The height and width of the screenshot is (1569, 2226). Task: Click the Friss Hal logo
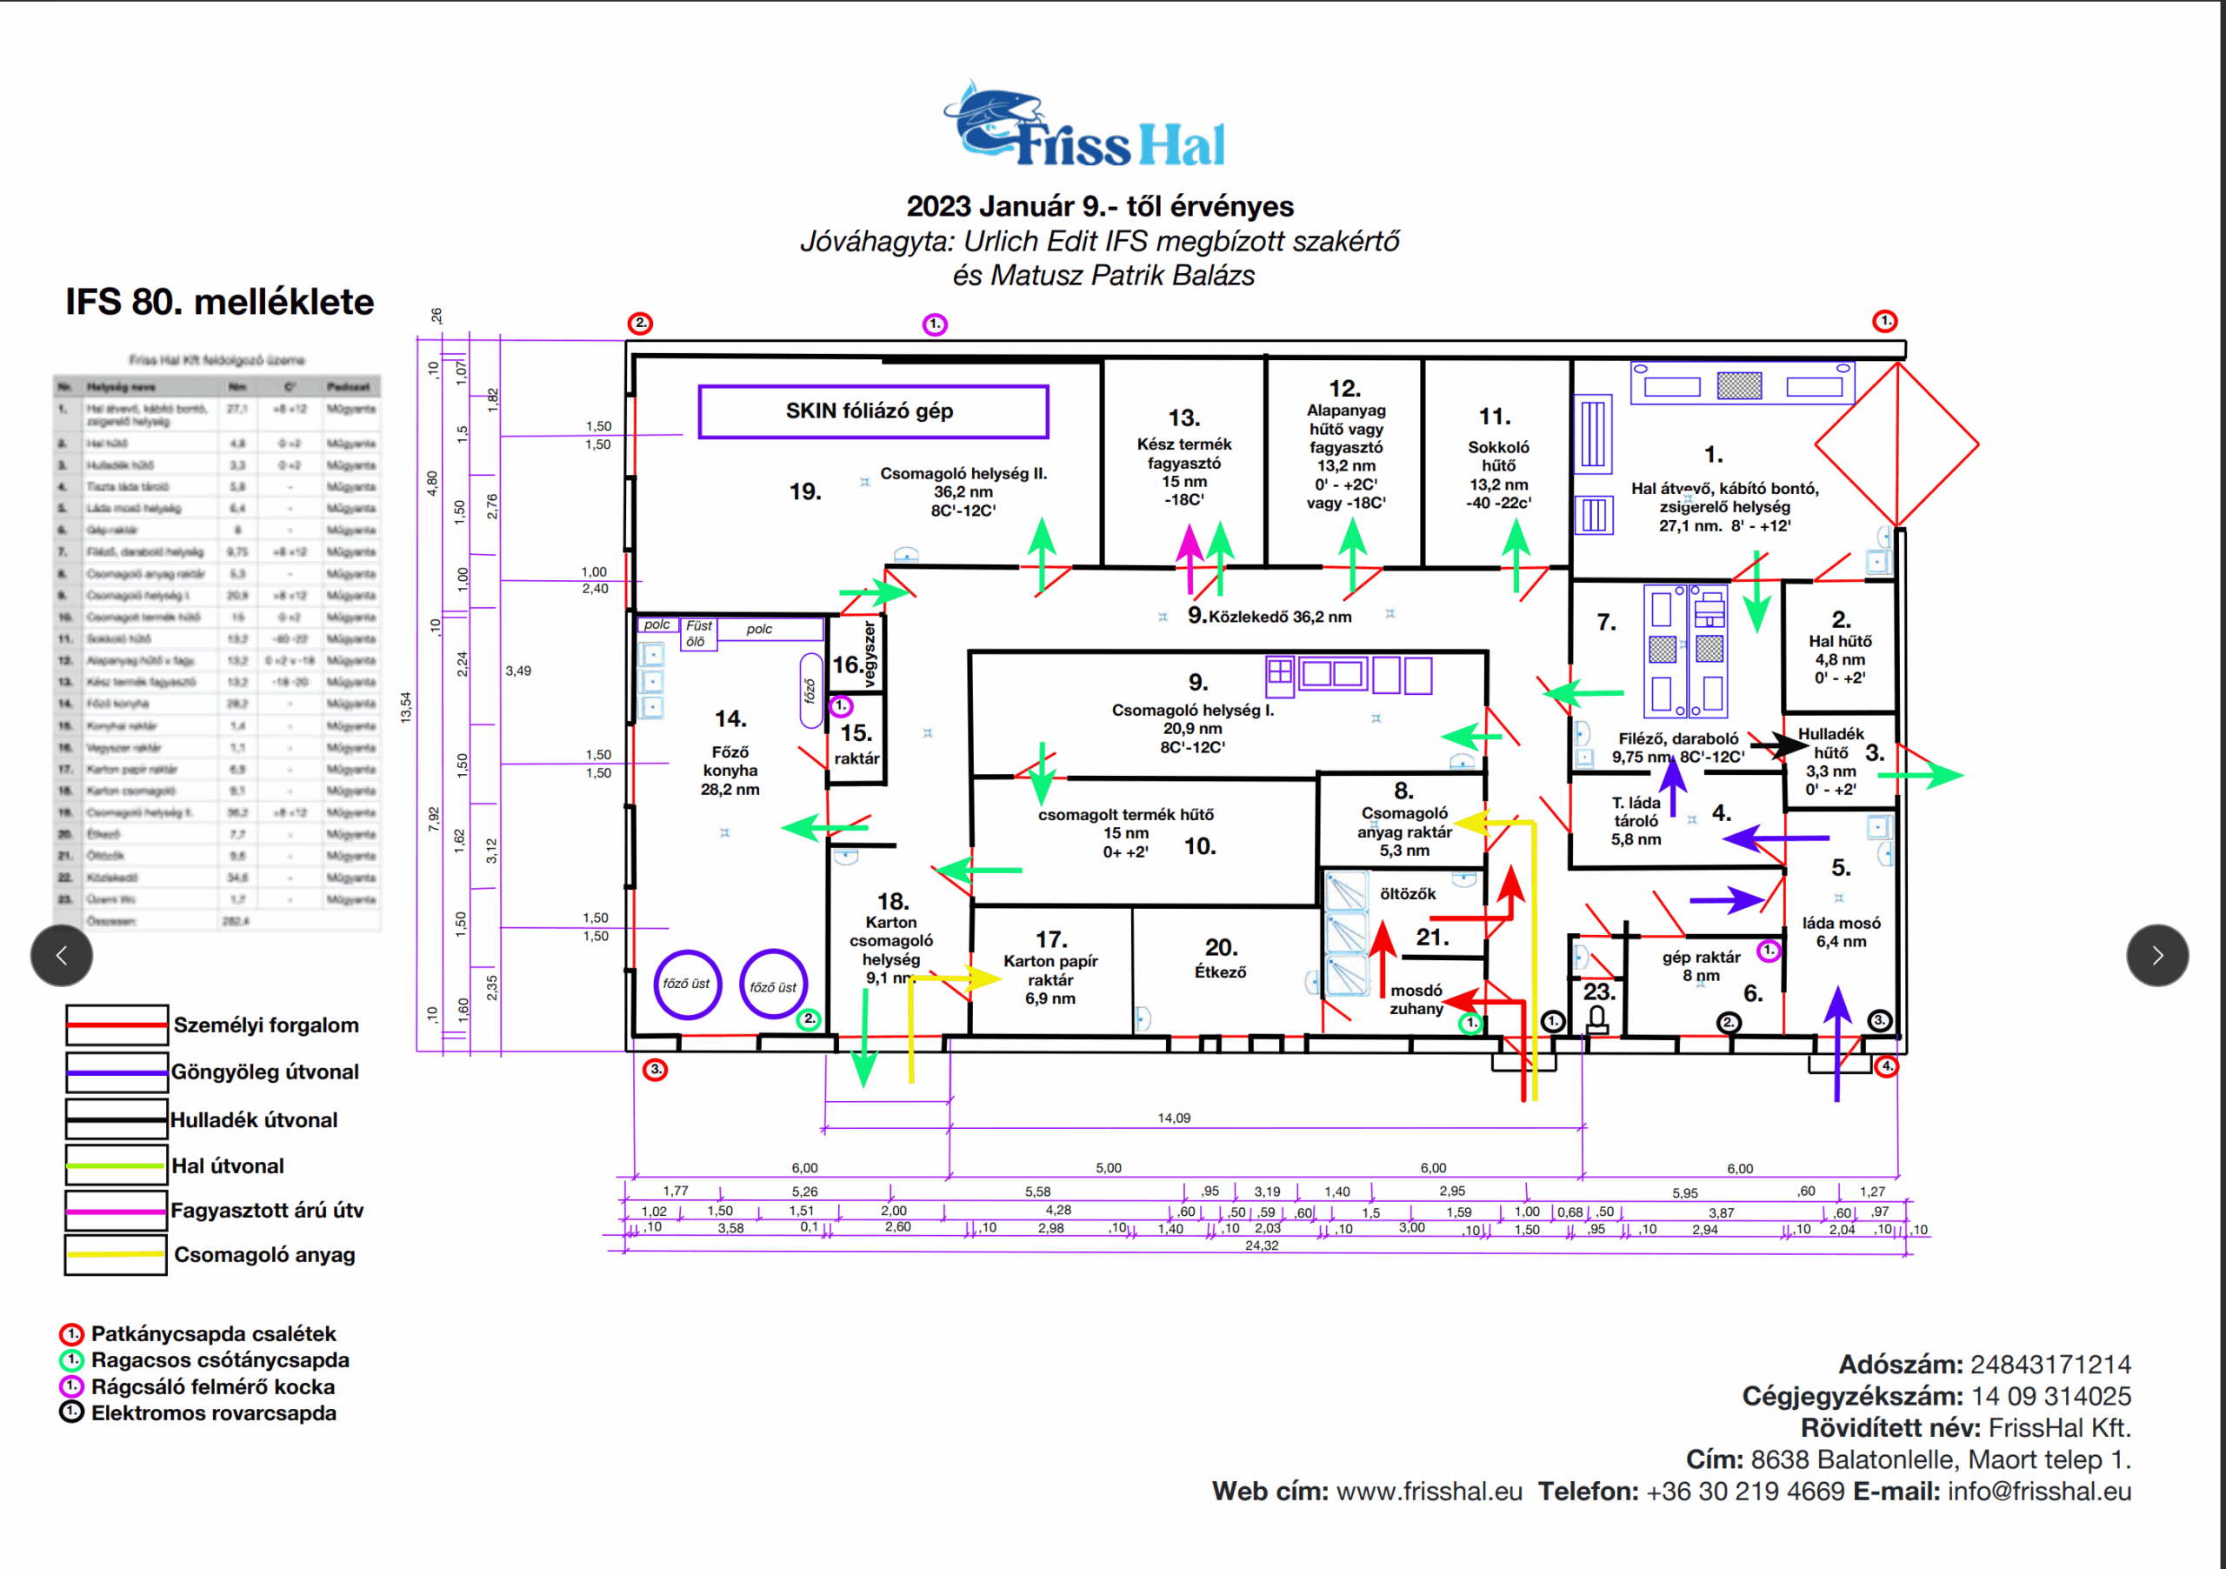[1085, 126]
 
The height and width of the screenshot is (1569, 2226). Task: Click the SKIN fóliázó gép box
[872, 411]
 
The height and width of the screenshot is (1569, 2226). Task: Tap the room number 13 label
[1183, 418]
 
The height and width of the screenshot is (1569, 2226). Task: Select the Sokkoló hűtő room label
[1498, 456]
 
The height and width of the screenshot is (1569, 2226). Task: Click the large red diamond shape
[1896, 445]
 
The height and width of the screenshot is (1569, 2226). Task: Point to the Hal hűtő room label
[1839, 641]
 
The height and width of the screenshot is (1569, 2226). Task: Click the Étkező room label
[1220, 971]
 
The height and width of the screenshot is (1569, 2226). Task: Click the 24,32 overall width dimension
[1262, 1246]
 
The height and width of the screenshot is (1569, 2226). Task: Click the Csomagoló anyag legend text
[264, 1255]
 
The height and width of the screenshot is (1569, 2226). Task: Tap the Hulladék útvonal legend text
[254, 1120]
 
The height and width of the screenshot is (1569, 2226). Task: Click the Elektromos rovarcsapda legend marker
[72, 1412]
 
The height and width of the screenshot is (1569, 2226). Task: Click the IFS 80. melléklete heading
[219, 303]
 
